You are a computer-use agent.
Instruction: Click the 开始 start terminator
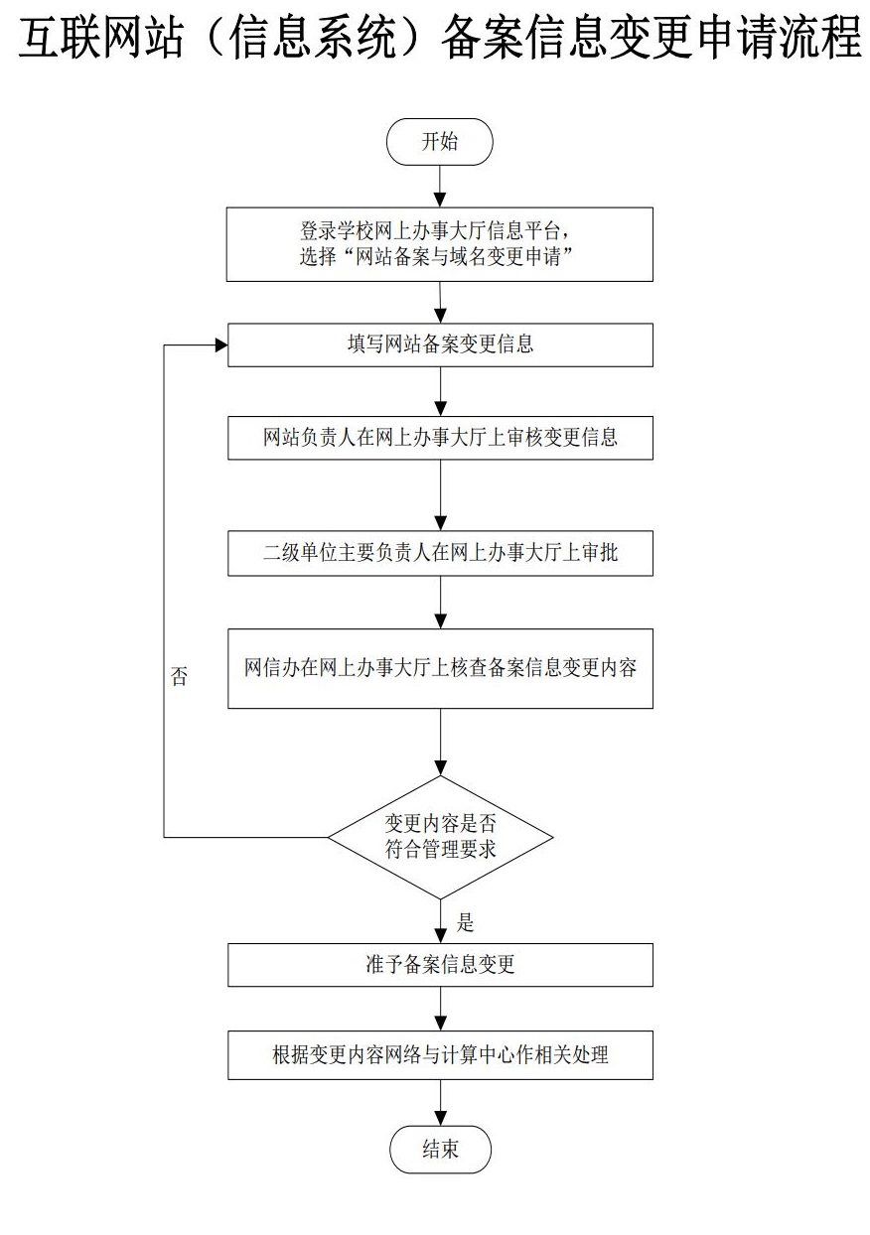[x=440, y=142]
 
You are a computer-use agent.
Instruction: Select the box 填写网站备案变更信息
[x=440, y=345]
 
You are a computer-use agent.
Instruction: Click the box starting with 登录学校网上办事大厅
[x=440, y=244]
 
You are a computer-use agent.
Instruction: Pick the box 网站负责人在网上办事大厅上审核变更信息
[x=440, y=438]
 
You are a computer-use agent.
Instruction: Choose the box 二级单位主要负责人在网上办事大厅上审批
[x=440, y=554]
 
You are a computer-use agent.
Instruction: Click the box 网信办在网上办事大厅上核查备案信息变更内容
[x=440, y=668]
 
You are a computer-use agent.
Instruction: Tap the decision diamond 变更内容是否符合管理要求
[x=440, y=837]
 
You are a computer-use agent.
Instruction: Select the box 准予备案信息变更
[x=440, y=965]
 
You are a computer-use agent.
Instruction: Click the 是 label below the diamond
[x=465, y=922]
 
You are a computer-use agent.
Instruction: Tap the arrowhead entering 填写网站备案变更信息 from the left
[x=221, y=345]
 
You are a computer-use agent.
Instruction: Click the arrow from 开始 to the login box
[x=440, y=187]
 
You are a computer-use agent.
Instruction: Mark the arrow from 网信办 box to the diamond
[x=440, y=743]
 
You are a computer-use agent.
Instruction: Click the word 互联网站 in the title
[x=101, y=38]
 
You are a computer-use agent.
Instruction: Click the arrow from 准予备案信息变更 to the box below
[x=440, y=1009]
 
